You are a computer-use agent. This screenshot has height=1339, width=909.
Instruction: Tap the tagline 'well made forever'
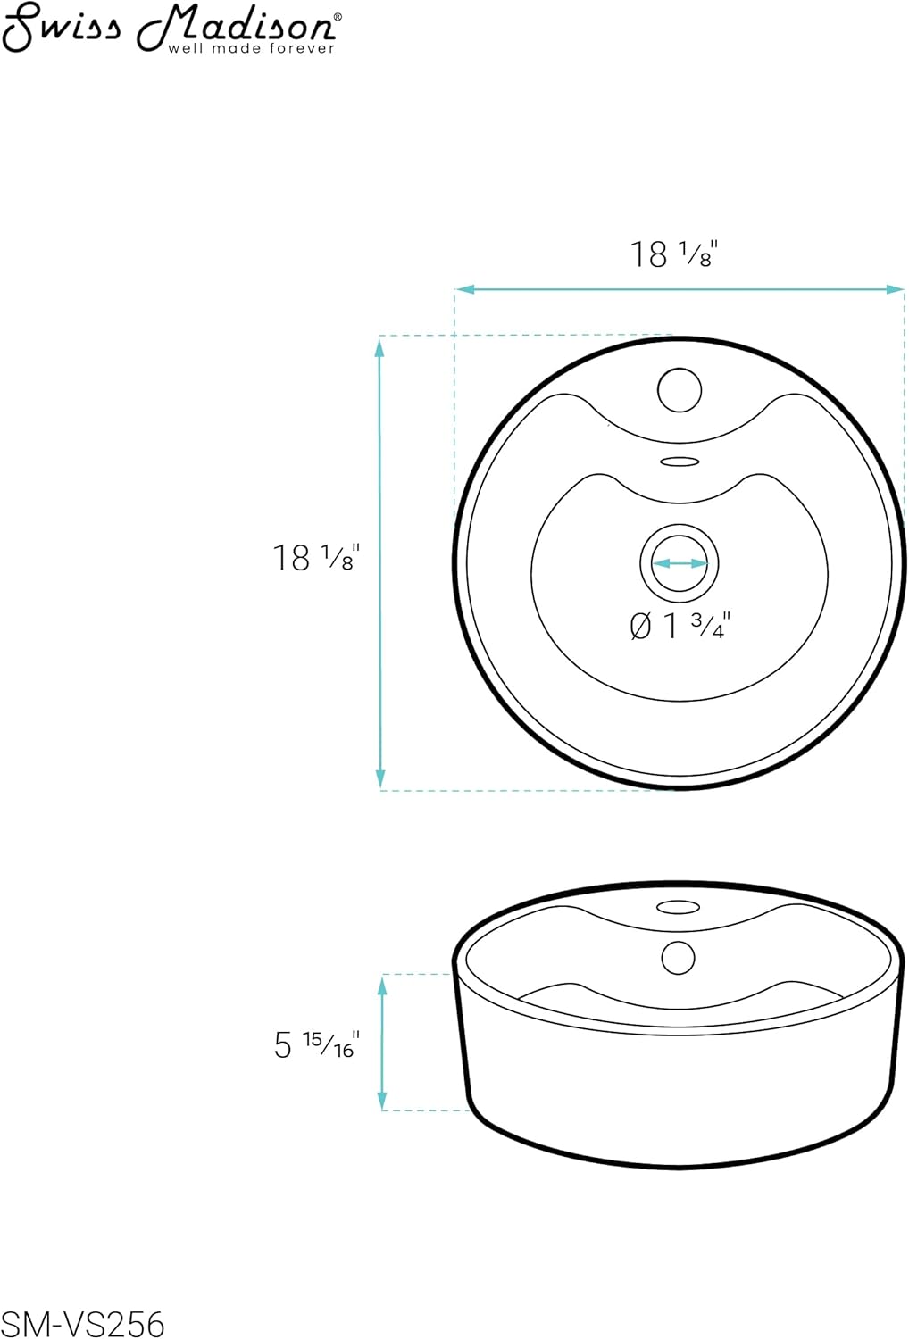point(251,47)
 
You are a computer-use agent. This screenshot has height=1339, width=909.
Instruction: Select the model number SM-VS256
point(82,1323)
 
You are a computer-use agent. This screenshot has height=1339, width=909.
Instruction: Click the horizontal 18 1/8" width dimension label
point(674,254)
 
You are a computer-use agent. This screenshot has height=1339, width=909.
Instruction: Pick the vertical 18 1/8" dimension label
point(315,558)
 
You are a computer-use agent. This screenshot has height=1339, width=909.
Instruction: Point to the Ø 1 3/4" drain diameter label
point(680,626)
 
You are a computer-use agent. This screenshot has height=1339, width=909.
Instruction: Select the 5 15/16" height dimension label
point(315,1044)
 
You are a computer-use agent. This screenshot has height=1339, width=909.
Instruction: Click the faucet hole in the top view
point(680,390)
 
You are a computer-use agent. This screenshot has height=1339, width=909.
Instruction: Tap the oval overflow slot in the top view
point(680,462)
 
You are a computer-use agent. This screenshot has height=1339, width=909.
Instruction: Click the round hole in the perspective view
point(679,957)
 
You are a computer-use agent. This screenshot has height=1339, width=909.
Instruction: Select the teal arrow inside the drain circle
point(680,563)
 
